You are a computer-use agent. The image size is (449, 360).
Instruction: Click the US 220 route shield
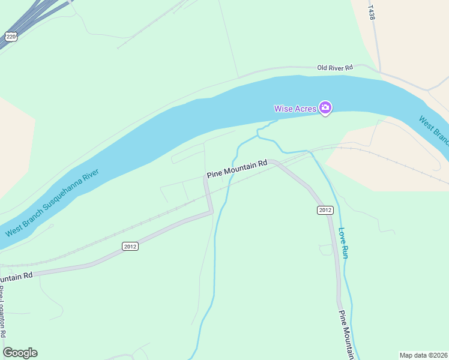(11, 37)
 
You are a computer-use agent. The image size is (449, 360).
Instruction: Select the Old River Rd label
(335, 68)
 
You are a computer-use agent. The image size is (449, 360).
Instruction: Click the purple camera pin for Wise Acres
(325, 108)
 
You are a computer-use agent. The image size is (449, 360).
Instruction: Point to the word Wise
(283, 109)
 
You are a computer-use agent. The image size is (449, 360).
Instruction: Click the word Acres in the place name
(306, 109)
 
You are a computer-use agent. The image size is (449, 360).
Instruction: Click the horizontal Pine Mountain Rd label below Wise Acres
(237, 169)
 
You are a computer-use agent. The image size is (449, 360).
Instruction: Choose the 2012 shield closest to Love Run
(325, 210)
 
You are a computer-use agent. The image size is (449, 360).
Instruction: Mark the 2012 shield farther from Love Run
(130, 247)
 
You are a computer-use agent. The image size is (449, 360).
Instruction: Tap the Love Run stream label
(344, 242)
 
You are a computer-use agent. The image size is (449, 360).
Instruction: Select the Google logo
(20, 353)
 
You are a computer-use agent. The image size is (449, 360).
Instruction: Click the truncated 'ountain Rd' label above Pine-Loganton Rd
(16, 277)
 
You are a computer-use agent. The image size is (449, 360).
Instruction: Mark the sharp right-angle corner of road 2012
(211, 211)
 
